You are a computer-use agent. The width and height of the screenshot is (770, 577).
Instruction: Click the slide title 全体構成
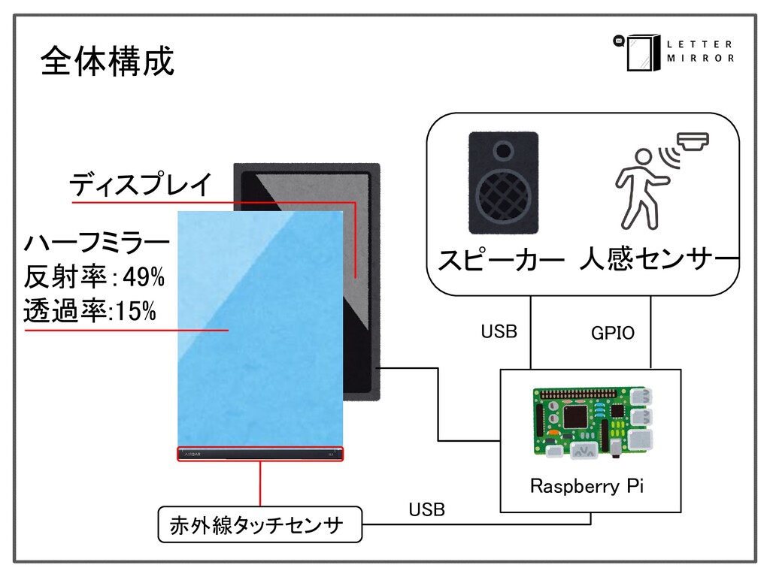coord(107,61)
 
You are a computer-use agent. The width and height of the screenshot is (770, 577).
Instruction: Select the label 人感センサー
coord(659,262)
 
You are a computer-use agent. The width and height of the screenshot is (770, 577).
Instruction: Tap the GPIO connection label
coord(613,333)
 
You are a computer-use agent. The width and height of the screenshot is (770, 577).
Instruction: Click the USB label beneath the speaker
coord(499,331)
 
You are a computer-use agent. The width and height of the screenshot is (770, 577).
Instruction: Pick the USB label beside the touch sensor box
coord(426,510)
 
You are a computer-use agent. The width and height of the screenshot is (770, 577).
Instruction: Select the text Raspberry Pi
coord(587,486)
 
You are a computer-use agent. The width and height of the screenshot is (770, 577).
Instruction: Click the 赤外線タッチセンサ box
coord(259,524)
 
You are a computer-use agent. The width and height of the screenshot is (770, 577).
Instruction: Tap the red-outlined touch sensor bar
coord(260,454)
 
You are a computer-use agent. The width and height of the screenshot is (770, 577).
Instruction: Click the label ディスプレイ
coord(141,184)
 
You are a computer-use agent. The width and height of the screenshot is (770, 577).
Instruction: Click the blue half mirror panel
coord(259,331)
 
